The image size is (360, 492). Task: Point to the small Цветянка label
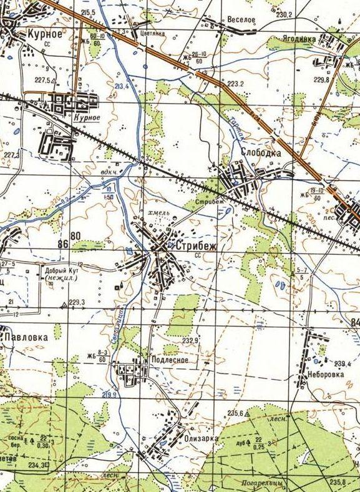pos(152,34)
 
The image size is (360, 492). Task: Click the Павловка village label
pos(26,337)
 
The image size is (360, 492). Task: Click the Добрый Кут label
pos(61,271)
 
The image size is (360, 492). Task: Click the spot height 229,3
pos(77,302)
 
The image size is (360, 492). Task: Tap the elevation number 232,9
pos(190,340)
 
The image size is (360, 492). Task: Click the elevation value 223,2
pos(235,83)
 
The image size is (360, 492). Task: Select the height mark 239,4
pos(340,363)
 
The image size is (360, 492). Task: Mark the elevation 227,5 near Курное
pos(42,80)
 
